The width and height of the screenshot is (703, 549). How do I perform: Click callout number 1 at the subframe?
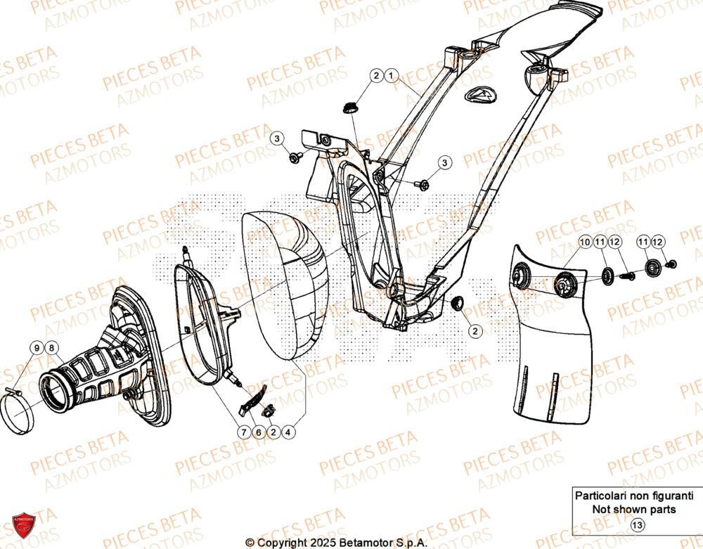[x=392, y=75]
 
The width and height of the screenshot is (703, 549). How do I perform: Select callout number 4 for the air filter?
[x=289, y=433]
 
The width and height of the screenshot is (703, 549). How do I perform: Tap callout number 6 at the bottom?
[x=258, y=433]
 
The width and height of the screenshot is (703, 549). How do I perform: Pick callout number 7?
[x=243, y=433]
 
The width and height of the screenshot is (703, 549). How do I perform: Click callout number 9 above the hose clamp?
[x=35, y=347]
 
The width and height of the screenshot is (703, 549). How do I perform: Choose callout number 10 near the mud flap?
[x=585, y=243]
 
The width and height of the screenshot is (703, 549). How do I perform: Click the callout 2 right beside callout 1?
[x=376, y=75]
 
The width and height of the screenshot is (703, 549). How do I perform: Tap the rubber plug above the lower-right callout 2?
[x=456, y=302]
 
